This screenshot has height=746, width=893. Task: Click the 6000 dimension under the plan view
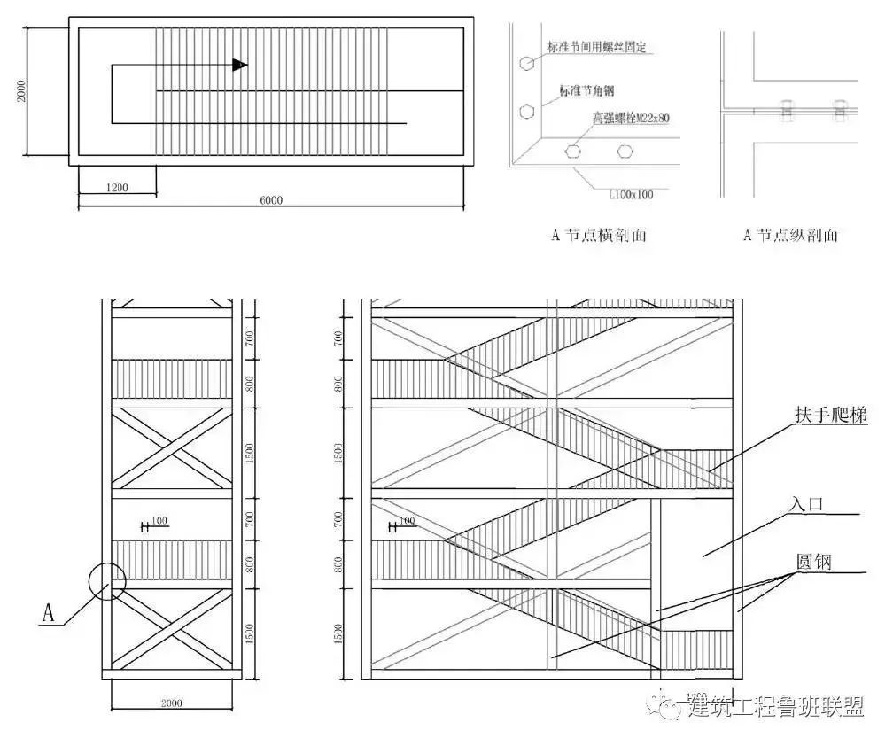(x=271, y=199)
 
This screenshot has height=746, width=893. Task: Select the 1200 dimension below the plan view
(x=117, y=187)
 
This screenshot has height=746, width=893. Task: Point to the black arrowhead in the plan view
(x=239, y=65)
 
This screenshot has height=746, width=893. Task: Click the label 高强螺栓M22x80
(x=630, y=117)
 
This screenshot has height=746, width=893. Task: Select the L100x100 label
(x=631, y=193)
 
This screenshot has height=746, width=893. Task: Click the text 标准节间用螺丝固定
(x=598, y=47)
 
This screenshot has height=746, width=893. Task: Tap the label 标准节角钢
(x=587, y=89)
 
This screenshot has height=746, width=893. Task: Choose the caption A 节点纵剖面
(x=790, y=235)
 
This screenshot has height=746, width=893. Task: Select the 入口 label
(x=805, y=503)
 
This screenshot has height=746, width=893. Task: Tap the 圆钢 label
(x=814, y=561)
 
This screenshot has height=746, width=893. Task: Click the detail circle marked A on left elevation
(x=107, y=581)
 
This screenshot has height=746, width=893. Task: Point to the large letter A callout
(x=50, y=613)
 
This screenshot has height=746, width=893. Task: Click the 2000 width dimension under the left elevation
(x=172, y=703)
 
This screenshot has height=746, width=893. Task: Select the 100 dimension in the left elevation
(x=159, y=520)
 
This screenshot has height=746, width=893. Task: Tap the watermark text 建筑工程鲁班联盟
(x=776, y=706)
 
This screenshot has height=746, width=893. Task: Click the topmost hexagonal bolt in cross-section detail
(x=527, y=64)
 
